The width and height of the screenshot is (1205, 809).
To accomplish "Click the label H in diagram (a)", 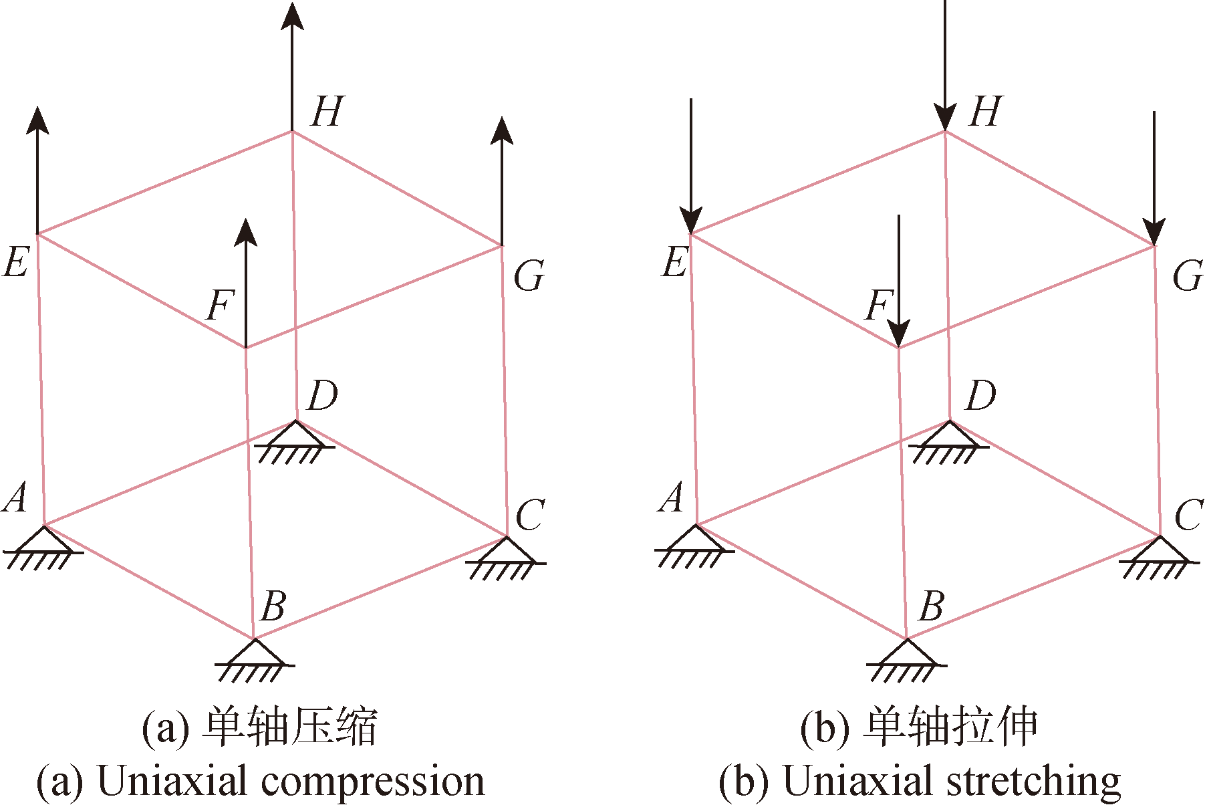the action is [x=327, y=112].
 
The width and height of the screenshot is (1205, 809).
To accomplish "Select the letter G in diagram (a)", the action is [x=529, y=276].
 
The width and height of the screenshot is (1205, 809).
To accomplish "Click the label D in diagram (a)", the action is [x=323, y=396].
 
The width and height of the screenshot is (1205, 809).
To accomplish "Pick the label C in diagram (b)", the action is [x=1189, y=515].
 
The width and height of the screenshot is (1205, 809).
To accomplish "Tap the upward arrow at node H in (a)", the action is [x=292, y=66].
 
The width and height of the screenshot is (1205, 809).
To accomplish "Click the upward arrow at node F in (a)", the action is [x=246, y=283].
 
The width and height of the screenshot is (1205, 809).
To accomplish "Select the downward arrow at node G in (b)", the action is [x=1154, y=179].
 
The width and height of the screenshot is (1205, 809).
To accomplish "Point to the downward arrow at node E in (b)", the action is [x=690, y=166].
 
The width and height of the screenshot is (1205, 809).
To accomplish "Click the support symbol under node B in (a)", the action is [x=255, y=661].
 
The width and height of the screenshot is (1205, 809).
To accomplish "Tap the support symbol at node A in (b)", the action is [x=695, y=546].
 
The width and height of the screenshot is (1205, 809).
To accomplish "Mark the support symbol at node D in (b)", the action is [x=948, y=442].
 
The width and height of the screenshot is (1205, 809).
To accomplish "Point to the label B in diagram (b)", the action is [x=932, y=606].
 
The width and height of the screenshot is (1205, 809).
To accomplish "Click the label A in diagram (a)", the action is [x=16, y=497].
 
